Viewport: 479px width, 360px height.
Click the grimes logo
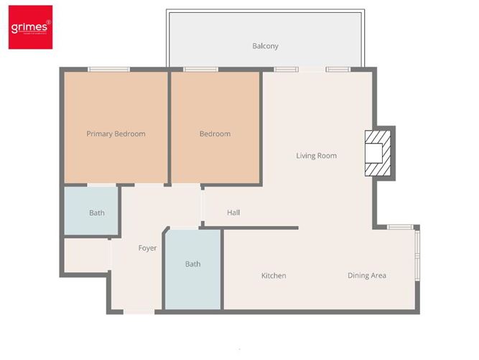pyautogui.click(x=30, y=28)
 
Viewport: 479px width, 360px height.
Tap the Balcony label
pyautogui.click(x=265, y=46)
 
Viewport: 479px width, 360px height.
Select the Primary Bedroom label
pyautogui.click(x=116, y=134)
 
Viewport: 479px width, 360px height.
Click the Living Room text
pyautogui.click(x=316, y=155)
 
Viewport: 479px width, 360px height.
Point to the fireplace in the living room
pyautogui.click(x=376, y=153)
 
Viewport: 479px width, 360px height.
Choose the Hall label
pyautogui.click(x=233, y=213)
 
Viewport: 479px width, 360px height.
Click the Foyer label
pyautogui.click(x=147, y=248)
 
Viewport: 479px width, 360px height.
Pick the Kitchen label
pyautogui.click(x=274, y=276)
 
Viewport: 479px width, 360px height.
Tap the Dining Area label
pyautogui.click(x=367, y=276)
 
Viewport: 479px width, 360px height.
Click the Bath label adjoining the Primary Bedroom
pyautogui.click(x=97, y=213)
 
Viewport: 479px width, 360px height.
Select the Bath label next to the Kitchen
pyautogui.click(x=192, y=264)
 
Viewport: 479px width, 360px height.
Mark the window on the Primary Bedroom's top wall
pyautogui.click(x=109, y=69)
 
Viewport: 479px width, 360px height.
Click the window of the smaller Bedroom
pyautogui.click(x=200, y=69)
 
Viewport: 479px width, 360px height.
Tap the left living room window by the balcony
pyautogui.click(x=286, y=69)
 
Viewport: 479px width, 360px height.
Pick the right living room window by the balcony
pyautogui.click(x=338, y=69)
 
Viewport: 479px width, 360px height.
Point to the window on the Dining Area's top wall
pyautogui.click(x=400, y=227)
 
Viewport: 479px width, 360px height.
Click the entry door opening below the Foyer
pyautogui.click(x=139, y=312)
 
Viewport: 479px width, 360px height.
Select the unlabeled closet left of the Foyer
pyautogui.click(x=85, y=255)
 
